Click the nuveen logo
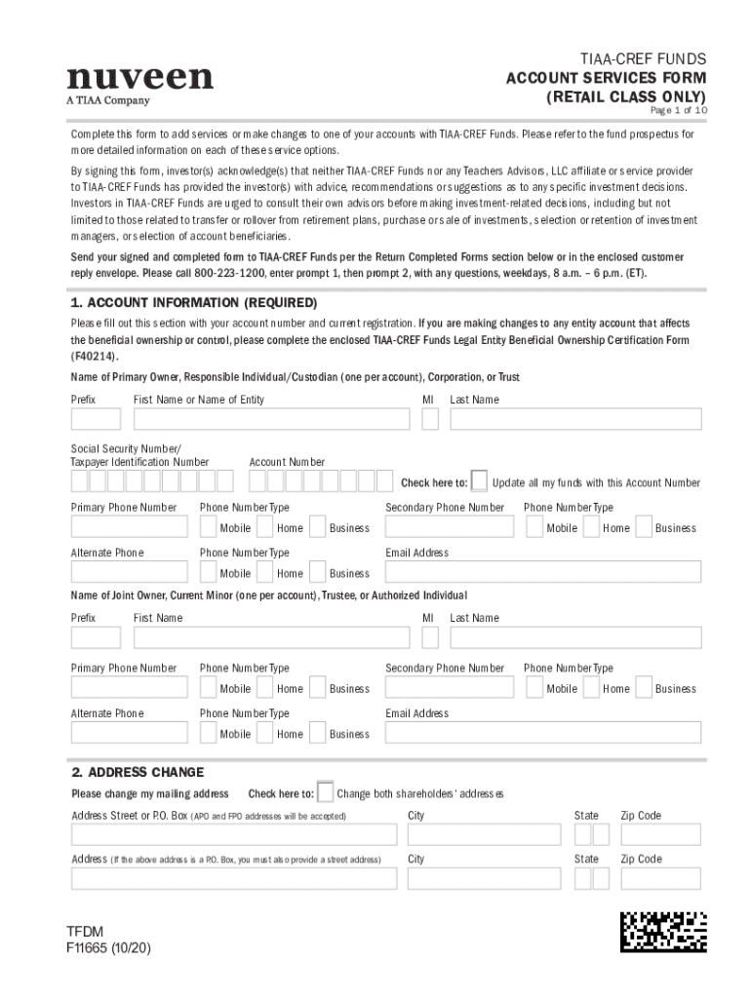point(139,78)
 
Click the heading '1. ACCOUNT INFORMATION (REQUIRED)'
point(194,303)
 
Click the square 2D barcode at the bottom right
point(663,931)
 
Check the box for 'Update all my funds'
point(479,481)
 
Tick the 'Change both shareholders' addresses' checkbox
point(326,792)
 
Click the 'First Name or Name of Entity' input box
point(271,419)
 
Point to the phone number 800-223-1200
point(230,274)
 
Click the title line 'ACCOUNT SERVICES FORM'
point(606,78)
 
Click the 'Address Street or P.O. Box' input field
point(233,834)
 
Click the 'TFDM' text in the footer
point(84,932)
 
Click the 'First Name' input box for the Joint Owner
point(271,637)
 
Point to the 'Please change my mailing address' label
point(150,794)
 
